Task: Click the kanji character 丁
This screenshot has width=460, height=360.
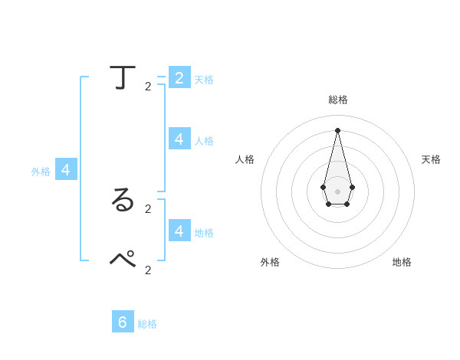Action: pyautogui.click(x=123, y=78)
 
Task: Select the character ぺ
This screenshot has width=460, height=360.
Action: pyautogui.click(x=123, y=258)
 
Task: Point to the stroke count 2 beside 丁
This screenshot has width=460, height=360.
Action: pyautogui.click(x=148, y=87)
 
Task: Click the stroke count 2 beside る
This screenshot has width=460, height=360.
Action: pyautogui.click(x=148, y=208)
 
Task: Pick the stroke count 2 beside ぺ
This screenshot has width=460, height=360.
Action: pyautogui.click(x=148, y=270)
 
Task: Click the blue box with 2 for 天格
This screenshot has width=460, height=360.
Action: pyautogui.click(x=179, y=77)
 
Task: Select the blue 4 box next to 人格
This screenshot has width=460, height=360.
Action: pyautogui.click(x=179, y=139)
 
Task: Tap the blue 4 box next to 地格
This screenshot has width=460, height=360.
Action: pyautogui.click(x=179, y=230)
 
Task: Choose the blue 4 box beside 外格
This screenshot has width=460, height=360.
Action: pyautogui.click(x=66, y=170)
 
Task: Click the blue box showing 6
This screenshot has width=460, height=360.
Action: pyautogui.click(x=123, y=322)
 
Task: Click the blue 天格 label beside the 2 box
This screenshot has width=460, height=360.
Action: pyautogui.click(x=204, y=80)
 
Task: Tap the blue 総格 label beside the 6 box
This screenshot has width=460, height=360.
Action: pyautogui.click(x=147, y=324)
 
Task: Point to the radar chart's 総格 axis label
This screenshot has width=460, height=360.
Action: pyautogui.click(x=337, y=100)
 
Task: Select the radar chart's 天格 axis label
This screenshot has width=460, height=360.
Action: pyautogui.click(x=431, y=159)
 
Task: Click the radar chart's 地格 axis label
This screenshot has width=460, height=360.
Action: pyautogui.click(x=402, y=262)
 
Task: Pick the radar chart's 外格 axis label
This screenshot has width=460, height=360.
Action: pyautogui.click(x=270, y=262)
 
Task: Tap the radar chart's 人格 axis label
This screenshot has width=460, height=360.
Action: pyautogui.click(x=245, y=159)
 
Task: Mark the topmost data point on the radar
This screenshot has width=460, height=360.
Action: pyautogui.click(x=337, y=129)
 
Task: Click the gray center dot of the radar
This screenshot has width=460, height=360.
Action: pyautogui.click(x=337, y=191)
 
